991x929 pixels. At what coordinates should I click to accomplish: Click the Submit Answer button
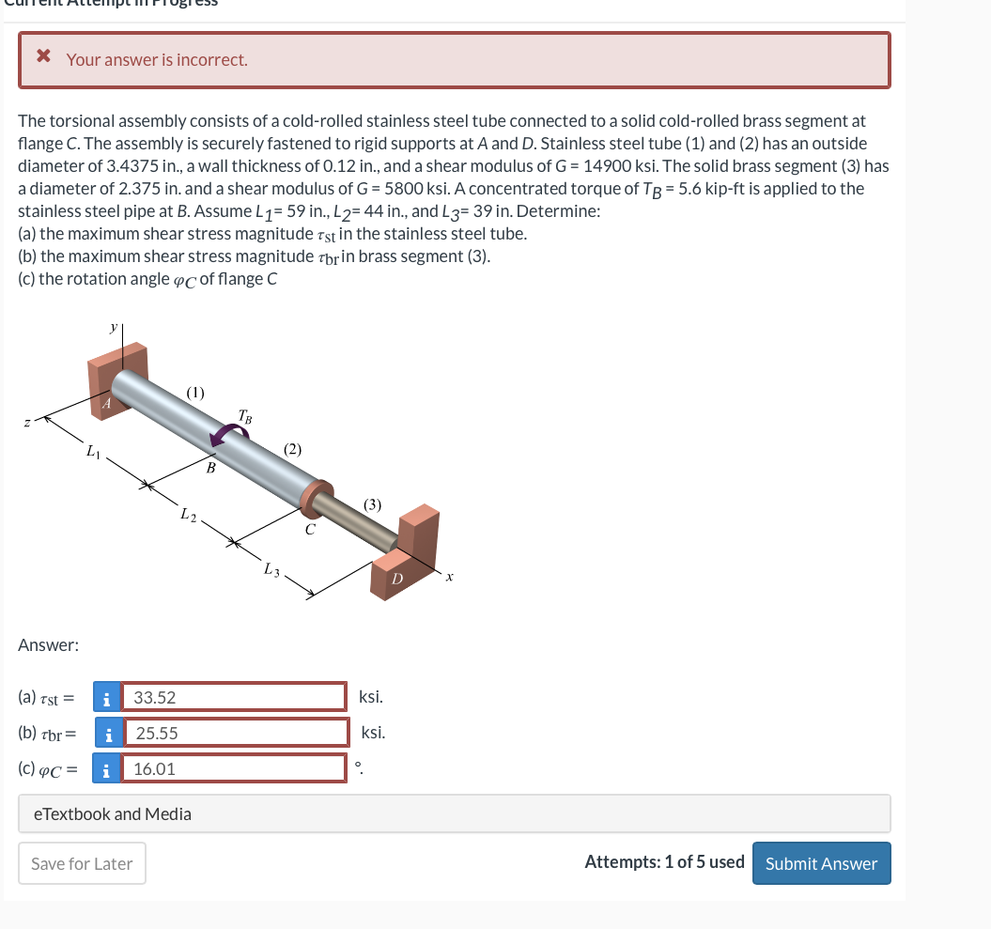[821, 863]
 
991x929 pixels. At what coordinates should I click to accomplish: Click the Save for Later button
[82, 863]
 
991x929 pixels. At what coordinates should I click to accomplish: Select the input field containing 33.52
[235, 697]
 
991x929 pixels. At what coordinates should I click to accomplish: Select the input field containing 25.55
[237, 733]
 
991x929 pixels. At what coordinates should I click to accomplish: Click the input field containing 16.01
[235, 768]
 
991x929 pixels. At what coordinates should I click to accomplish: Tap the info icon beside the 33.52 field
[108, 697]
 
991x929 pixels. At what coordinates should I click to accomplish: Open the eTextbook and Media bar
[454, 813]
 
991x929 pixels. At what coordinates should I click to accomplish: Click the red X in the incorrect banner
[43, 58]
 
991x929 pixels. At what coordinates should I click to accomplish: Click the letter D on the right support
[396, 580]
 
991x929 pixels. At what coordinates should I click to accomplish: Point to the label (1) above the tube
[195, 391]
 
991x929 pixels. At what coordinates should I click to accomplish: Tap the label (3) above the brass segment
[372, 504]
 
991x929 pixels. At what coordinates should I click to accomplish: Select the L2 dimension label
[189, 514]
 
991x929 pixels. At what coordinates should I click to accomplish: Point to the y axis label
[114, 327]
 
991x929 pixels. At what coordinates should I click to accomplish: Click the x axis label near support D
[450, 577]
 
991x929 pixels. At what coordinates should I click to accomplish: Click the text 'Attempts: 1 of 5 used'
[664, 862]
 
